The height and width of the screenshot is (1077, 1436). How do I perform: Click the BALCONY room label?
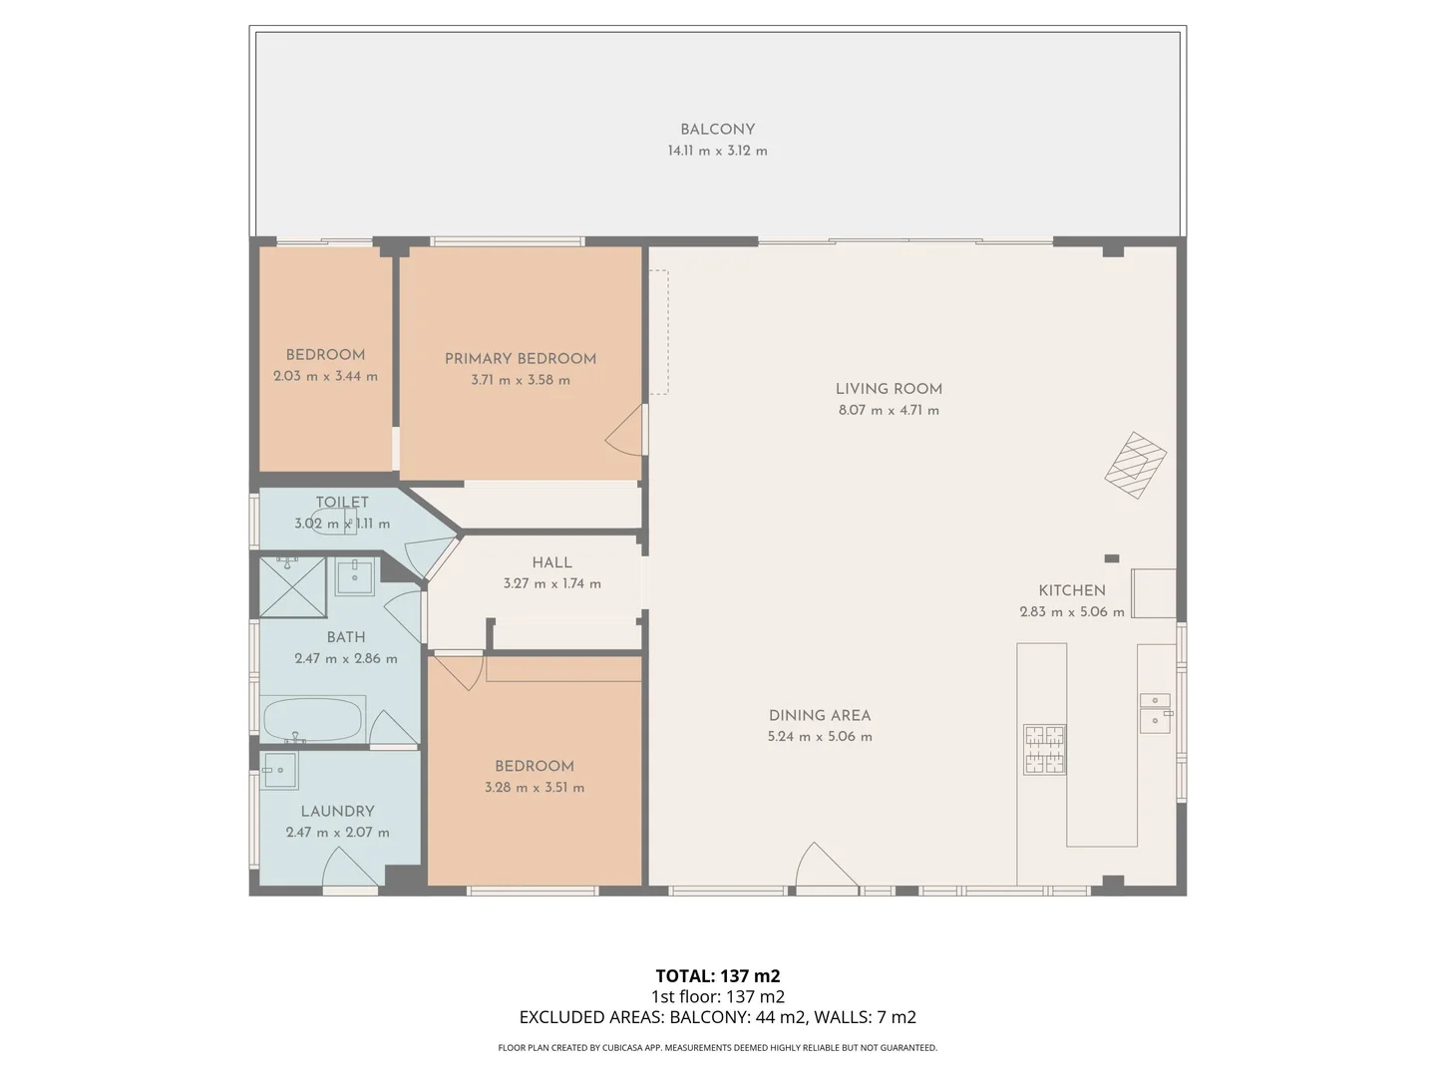[x=717, y=130]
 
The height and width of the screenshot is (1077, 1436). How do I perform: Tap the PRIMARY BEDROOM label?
[x=521, y=358]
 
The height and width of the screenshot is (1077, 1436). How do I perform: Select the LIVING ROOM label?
[x=889, y=389]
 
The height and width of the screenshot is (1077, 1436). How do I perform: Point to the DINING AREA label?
[x=819, y=715]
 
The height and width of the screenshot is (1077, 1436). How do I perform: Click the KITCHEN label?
[x=1072, y=589]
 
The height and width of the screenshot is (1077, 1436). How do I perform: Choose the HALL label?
[x=551, y=562]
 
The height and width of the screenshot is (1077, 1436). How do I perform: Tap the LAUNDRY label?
[x=338, y=811]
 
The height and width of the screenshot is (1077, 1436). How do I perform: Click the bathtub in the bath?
[x=313, y=719]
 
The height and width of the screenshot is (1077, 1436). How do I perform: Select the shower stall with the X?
[x=292, y=586]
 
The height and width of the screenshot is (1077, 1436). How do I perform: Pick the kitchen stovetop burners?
[x=1045, y=749]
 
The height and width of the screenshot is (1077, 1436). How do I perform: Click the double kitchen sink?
[x=1156, y=713]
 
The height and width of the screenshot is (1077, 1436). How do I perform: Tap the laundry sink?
[x=279, y=770]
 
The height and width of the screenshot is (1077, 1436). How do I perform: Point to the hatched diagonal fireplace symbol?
[x=1135, y=465]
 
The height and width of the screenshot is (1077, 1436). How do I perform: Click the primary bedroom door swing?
[x=626, y=430]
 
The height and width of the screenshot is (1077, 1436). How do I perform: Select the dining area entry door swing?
[x=826, y=866]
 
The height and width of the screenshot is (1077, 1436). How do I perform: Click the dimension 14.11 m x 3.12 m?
[x=717, y=151]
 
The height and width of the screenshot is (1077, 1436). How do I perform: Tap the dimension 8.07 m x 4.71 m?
[x=889, y=411]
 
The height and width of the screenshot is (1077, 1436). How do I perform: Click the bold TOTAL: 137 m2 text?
[x=718, y=975]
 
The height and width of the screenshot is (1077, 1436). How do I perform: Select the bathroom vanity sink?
[x=355, y=576]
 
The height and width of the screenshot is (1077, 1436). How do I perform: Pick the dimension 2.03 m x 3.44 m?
[x=325, y=377]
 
